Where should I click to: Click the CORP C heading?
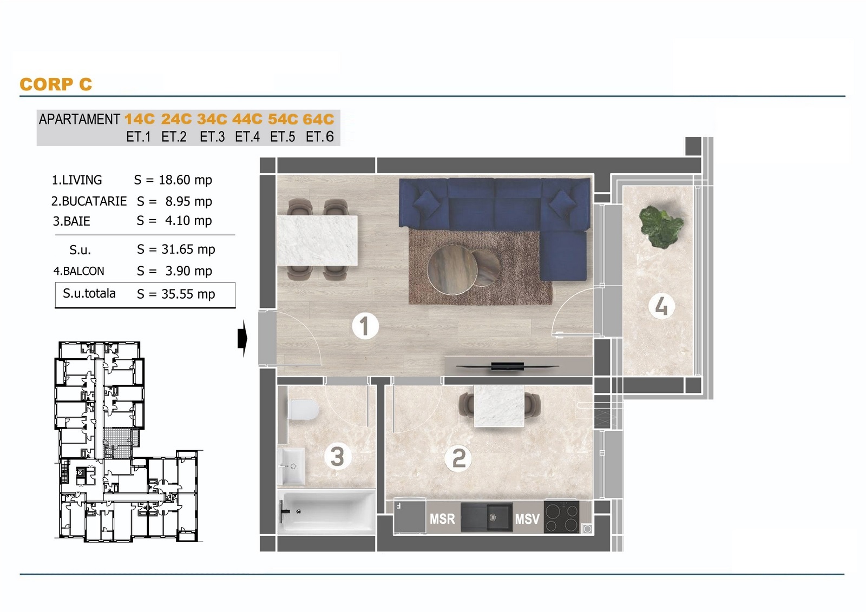click(56, 84)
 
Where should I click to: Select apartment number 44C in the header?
click(247, 119)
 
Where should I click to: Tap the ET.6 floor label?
click(320, 137)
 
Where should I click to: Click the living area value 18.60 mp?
click(186, 180)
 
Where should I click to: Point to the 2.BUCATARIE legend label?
click(89, 201)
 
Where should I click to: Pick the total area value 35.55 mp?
click(188, 294)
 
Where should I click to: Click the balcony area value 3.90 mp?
click(189, 271)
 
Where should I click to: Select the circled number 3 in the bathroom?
click(338, 457)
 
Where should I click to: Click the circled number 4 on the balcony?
click(661, 306)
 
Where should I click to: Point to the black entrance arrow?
click(242, 338)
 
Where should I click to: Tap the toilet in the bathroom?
click(303, 410)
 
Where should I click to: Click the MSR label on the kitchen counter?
click(442, 519)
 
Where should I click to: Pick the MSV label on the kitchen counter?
click(527, 519)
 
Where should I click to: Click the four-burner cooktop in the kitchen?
click(561, 517)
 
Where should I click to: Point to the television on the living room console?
click(507, 366)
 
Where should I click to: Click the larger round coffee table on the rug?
click(451, 269)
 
